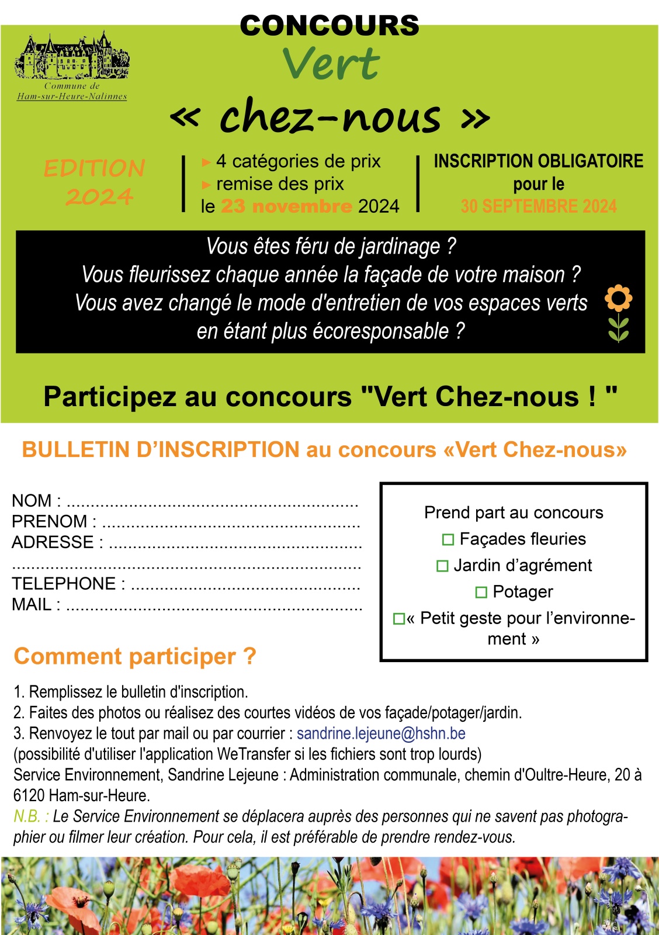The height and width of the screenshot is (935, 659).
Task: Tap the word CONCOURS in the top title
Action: pos(329,26)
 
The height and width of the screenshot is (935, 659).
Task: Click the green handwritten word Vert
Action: pos(331,64)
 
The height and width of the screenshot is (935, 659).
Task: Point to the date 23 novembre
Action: pos(286,206)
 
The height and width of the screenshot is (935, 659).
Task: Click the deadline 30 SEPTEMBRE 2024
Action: pos(538,206)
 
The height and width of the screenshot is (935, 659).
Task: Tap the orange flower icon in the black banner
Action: pos(618,299)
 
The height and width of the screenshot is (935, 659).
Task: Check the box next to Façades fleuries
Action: pos(448,539)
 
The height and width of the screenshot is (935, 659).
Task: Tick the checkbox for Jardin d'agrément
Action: pos(442,566)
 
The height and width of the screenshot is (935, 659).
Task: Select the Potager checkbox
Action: pos(481,592)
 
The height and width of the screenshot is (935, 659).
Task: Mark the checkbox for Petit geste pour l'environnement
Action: pos(399,618)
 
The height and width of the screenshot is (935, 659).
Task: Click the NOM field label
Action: pos(32,501)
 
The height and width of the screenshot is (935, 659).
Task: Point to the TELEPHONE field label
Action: pos(64,584)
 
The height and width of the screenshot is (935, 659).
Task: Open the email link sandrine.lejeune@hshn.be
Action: pos(381,733)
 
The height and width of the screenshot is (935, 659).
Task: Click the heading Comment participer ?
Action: pos(135,656)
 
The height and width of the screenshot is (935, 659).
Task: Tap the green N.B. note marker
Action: pos(27,816)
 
